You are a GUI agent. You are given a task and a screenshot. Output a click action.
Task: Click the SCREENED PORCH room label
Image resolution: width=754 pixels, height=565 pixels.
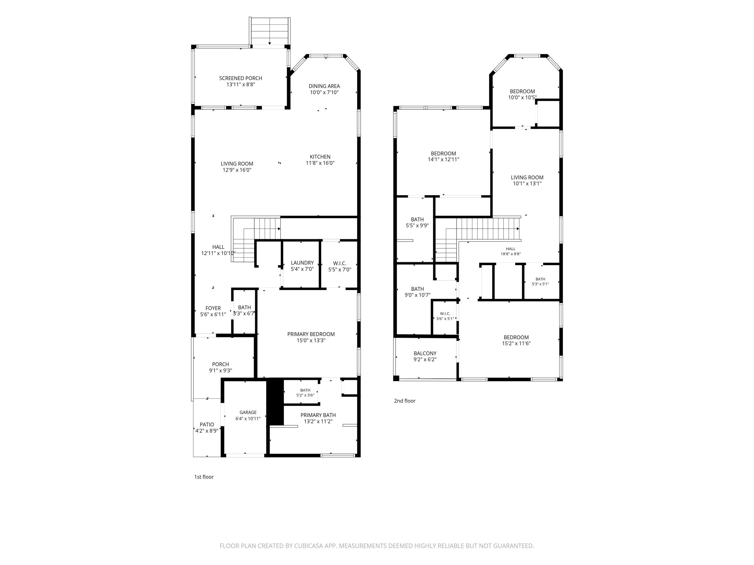[x=241, y=78]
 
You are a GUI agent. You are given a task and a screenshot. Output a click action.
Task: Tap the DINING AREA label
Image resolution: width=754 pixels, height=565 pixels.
[x=324, y=86]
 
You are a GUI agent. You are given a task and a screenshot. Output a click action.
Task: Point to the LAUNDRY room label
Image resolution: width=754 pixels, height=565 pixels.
[x=302, y=263]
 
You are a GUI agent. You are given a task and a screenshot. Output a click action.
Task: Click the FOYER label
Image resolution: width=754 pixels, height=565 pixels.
[x=213, y=308]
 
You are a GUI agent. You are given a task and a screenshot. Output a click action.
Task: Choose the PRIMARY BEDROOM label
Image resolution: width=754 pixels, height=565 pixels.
[x=311, y=334]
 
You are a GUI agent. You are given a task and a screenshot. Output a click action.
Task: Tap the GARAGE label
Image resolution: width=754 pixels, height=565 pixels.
[x=248, y=412]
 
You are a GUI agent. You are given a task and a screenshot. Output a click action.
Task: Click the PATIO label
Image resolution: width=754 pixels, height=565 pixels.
[x=207, y=425]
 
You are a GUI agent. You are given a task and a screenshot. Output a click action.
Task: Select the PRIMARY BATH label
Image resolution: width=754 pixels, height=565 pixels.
[x=318, y=415]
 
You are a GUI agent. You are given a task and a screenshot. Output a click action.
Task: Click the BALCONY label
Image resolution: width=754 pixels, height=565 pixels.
[x=425, y=354]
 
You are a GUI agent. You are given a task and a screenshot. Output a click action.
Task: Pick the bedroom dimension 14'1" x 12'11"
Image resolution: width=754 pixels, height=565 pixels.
[x=443, y=159]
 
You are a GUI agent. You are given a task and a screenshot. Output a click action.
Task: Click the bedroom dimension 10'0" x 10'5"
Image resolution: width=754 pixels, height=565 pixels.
[x=522, y=97]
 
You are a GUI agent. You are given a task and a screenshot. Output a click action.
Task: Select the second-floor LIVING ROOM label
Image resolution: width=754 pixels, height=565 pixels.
[x=527, y=178]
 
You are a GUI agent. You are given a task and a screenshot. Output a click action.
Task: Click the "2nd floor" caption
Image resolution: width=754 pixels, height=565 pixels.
[x=405, y=401]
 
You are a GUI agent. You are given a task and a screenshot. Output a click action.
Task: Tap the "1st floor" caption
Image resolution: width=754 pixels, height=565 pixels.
[x=204, y=477]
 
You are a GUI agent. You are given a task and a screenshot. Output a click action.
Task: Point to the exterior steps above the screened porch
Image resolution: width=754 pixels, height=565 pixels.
[x=270, y=31]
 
